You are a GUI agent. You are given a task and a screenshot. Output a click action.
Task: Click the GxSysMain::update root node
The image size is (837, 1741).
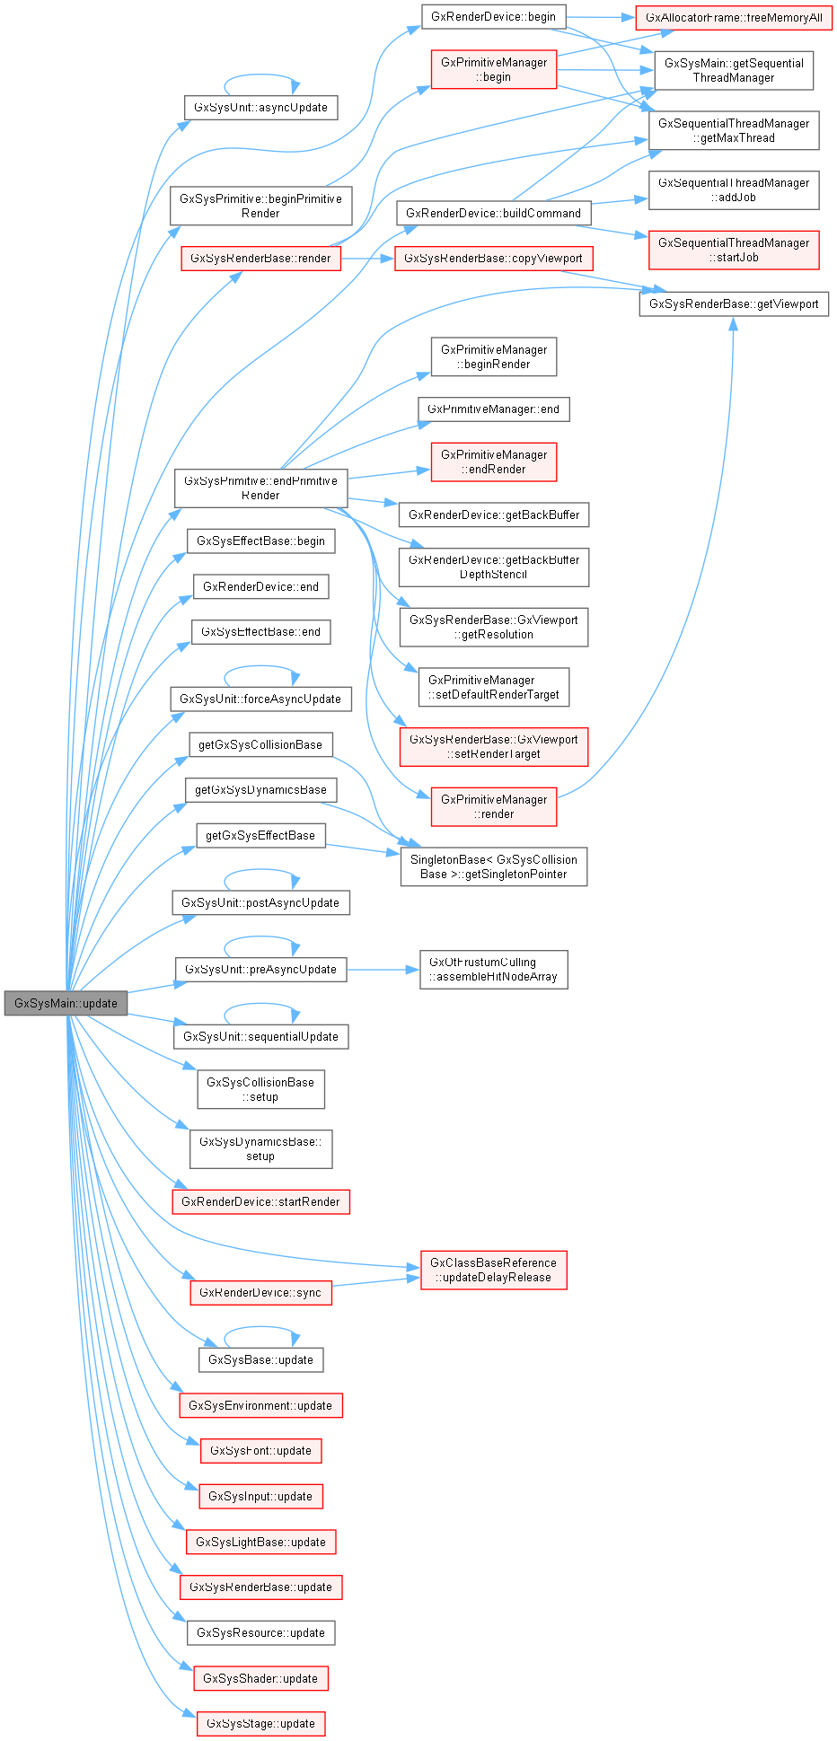pos(66,1003)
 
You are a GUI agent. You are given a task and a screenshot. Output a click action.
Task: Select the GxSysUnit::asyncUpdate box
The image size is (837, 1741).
pos(260,108)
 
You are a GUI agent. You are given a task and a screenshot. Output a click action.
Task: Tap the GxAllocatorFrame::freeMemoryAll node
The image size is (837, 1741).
pos(734,18)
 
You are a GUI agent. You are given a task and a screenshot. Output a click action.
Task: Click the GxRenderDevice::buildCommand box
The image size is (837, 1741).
pos(493,214)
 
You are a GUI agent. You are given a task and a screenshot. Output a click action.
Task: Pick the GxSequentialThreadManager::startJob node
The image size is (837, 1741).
pos(734,251)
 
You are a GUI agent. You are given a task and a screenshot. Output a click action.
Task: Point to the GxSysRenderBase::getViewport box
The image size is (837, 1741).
pos(734,304)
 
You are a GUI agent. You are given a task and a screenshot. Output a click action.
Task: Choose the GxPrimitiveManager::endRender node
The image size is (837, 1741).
pos(493,462)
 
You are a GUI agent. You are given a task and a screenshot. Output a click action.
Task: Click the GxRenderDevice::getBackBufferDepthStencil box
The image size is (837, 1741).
pos(493,567)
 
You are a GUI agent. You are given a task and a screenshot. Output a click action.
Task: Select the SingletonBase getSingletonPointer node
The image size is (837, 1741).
pos(493,867)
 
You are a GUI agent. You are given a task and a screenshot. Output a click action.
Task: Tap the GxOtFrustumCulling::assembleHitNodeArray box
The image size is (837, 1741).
pos(493,970)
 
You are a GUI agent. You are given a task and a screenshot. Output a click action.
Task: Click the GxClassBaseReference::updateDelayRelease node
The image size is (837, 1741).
pos(493,1271)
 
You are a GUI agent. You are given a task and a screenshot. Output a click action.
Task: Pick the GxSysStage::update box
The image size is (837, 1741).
pos(260,1724)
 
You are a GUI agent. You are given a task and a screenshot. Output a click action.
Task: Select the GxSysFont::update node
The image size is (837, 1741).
pos(260,1451)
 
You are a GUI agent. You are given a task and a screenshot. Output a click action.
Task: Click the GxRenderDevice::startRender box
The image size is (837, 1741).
pos(260,1202)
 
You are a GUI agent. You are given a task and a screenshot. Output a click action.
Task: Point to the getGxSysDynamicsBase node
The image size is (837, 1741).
pos(260,790)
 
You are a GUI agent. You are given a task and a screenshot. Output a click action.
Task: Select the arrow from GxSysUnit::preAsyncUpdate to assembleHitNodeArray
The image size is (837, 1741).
pos(383,970)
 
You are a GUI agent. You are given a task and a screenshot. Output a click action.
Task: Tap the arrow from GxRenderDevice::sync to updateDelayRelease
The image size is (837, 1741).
pos(375,1281)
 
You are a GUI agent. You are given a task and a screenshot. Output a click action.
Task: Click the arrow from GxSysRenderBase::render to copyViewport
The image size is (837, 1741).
pos(367,259)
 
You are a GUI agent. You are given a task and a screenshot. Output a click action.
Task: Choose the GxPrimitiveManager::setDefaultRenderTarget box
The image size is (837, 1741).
pos(493,688)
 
